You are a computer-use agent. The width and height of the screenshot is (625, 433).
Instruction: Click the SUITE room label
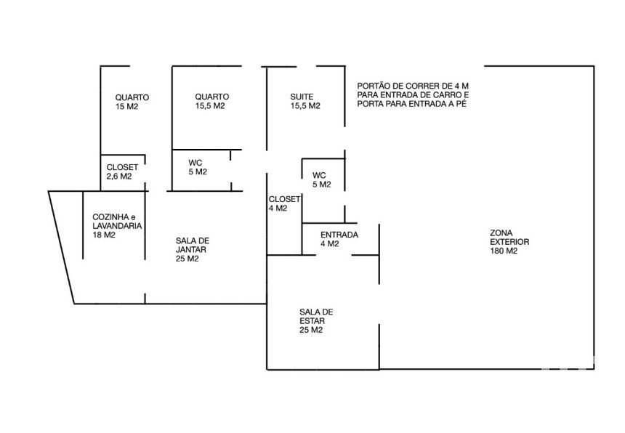click(302, 97)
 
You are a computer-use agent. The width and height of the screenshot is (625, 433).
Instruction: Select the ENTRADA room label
click(339, 235)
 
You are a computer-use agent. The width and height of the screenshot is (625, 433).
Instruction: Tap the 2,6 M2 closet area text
click(118, 177)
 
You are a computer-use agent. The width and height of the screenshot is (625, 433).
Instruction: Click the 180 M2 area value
click(504, 251)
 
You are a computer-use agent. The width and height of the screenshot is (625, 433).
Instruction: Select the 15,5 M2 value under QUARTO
click(210, 106)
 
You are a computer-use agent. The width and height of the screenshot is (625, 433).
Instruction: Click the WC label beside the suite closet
click(319, 175)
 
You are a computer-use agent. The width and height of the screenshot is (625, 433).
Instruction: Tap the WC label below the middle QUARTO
click(195, 163)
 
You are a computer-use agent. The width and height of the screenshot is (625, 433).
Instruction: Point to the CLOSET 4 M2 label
click(284, 203)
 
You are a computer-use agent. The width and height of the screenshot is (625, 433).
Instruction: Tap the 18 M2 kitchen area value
click(104, 235)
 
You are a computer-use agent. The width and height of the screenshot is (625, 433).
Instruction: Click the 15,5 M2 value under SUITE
click(305, 106)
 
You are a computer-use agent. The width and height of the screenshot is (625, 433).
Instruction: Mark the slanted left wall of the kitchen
click(61, 247)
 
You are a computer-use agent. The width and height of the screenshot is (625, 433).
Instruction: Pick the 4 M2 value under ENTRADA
click(330, 244)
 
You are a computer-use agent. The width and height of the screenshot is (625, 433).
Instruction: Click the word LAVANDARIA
click(117, 226)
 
